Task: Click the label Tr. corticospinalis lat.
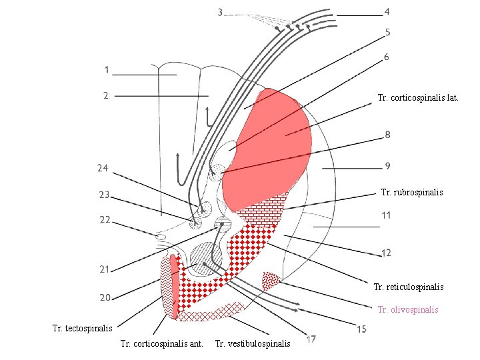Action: (417, 98)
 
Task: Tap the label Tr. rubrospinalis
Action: (411, 192)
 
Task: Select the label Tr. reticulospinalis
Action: (409, 287)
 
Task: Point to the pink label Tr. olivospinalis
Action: (408, 309)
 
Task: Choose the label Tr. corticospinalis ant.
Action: (162, 344)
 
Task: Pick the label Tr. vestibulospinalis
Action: (253, 344)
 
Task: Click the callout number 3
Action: (221, 12)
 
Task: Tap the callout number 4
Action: (387, 11)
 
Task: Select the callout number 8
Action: (387, 135)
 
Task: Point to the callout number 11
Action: (387, 215)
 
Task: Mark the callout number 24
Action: (102, 168)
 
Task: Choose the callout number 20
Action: (105, 297)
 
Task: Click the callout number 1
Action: (107, 69)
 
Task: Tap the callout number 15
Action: (361, 329)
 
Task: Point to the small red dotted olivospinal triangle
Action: (271, 279)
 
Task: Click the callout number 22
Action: (105, 219)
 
